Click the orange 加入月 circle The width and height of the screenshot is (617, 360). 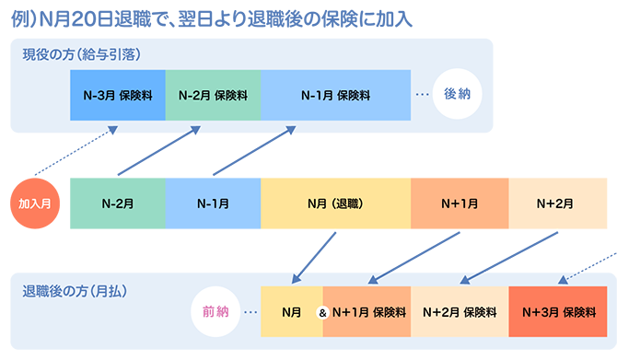(35, 203)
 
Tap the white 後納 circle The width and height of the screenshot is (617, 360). (457, 94)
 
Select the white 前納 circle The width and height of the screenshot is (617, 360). (215, 311)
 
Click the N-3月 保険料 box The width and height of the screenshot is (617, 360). (118, 95)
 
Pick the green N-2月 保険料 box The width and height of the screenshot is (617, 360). (213, 95)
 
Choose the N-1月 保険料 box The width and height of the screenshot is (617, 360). (335, 95)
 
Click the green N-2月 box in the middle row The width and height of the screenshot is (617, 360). (118, 203)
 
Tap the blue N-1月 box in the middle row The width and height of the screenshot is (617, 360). (213, 203)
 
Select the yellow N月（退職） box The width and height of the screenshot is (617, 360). (335, 203)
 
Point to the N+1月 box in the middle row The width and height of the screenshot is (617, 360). (460, 203)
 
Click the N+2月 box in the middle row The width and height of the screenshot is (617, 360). (557, 203)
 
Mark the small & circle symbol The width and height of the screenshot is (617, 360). (322, 313)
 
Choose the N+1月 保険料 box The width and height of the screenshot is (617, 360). (367, 311)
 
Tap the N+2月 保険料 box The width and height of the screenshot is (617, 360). (460, 311)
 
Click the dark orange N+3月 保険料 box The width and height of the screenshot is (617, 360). (557, 311)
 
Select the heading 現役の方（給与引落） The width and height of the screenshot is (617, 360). (81, 54)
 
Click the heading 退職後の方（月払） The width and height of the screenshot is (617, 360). (75, 292)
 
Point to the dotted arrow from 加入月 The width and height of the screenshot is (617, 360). (76, 150)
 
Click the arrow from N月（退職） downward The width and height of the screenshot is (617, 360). (314, 258)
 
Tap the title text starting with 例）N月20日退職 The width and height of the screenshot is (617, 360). (212, 19)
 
